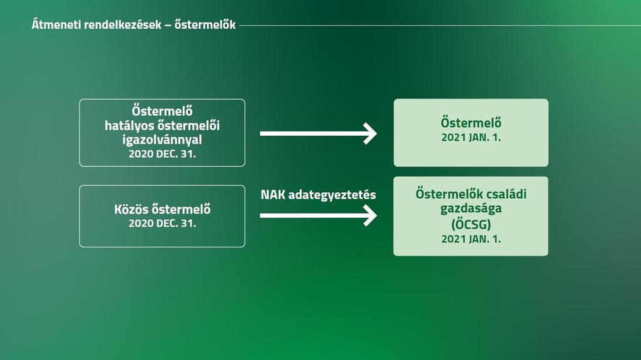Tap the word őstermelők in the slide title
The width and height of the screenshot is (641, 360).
click(x=205, y=24)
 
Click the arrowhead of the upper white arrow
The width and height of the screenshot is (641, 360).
click(x=369, y=133)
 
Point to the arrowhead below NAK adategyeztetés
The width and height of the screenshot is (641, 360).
click(x=369, y=215)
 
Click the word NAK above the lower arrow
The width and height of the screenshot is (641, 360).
click(x=273, y=195)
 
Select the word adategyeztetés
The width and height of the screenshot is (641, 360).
click(x=332, y=195)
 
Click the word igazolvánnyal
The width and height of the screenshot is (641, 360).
click(x=162, y=140)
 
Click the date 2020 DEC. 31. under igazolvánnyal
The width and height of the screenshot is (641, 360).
click(x=162, y=154)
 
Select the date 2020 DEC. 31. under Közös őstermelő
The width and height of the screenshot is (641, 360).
click(x=162, y=224)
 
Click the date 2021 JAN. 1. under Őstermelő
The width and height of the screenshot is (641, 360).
click(x=471, y=138)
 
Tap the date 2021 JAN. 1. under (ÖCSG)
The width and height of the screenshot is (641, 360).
click(x=471, y=239)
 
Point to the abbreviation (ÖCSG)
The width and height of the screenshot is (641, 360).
click(x=471, y=224)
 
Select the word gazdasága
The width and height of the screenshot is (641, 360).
click(x=471, y=208)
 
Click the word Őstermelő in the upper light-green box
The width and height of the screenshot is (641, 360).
click(x=471, y=123)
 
